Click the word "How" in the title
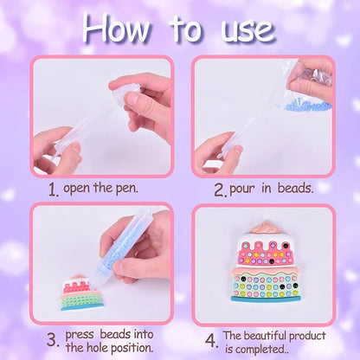tap(117, 29)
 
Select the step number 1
tap(54, 190)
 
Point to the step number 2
tap(221, 190)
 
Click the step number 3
tap(53, 340)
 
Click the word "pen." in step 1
tap(127, 189)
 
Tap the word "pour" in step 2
tap(242, 190)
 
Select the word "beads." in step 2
tap(295, 188)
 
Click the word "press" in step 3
tap(80, 335)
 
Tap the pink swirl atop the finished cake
tap(266, 228)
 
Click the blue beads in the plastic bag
tap(307, 105)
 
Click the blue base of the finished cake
tap(265, 299)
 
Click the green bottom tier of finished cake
tap(266, 286)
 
